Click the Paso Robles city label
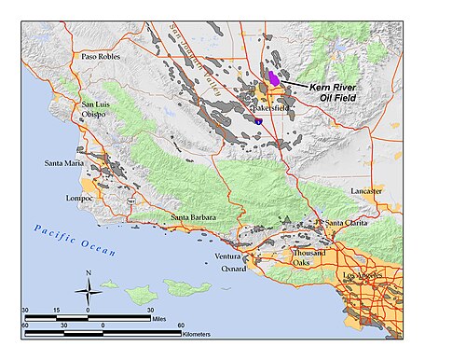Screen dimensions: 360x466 pos(103,56)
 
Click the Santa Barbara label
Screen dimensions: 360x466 pos(193,217)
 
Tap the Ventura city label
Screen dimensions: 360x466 pos(227,256)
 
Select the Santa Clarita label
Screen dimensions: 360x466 pos(347,223)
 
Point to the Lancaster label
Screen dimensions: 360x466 pos(366,190)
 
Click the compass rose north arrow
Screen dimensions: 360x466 pos(88,286)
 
